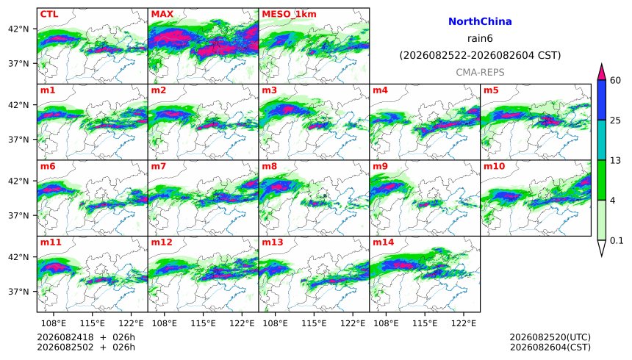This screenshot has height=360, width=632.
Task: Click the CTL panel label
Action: [x=49, y=14]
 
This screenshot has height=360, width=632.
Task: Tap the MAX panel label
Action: [x=162, y=14]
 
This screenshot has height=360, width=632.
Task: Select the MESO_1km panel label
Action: [x=289, y=14]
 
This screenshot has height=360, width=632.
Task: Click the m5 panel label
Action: [x=491, y=90]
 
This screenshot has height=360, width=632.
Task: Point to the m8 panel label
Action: [x=270, y=166]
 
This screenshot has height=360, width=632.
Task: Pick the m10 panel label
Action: [x=494, y=166]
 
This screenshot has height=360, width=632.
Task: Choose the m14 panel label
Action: [x=384, y=242]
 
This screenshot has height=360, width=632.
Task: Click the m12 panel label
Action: [x=162, y=242]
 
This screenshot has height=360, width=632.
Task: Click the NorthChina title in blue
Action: [x=480, y=21]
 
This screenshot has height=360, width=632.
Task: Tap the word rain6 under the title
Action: [x=480, y=39]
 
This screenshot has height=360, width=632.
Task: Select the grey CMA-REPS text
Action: [x=480, y=72]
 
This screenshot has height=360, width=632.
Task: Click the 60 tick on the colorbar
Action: [x=615, y=80]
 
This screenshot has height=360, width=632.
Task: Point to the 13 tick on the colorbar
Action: [x=615, y=160]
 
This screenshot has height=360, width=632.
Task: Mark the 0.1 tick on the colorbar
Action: [x=617, y=241]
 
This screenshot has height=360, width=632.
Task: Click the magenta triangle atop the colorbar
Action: [x=601, y=72]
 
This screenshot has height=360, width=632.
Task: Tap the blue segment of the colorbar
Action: [x=601, y=100]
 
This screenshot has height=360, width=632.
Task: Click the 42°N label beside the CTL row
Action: [x=18, y=29]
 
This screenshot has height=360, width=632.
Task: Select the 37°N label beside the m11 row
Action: [x=18, y=292]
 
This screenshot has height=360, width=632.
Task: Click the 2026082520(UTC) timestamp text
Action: [x=550, y=337]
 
